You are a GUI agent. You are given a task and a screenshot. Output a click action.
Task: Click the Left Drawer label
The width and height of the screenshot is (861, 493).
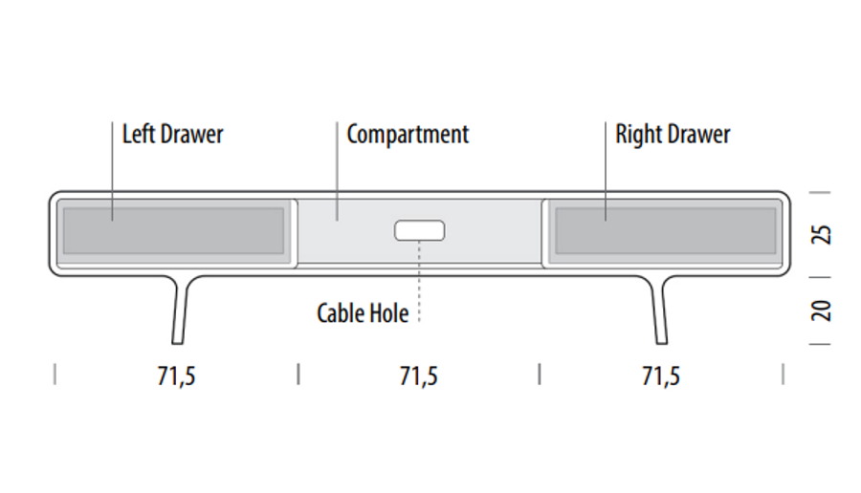point(172,135)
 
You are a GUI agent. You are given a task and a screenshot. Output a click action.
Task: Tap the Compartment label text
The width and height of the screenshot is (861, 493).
point(408,135)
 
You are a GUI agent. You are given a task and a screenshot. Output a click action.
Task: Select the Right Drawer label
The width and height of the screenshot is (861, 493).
point(673,135)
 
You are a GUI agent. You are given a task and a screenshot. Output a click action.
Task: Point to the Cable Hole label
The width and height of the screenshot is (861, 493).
point(363,313)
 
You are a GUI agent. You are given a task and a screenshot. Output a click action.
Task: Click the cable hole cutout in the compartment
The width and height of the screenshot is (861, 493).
point(420,230)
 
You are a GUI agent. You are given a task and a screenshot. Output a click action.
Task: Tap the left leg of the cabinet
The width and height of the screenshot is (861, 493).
point(180,310)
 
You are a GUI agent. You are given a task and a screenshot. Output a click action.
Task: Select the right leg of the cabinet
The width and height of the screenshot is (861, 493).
point(660,310)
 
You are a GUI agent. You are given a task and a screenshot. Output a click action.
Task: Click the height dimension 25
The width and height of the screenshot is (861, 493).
point(822,235)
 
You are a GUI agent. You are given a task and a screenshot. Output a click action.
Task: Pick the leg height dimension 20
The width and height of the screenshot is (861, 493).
point(822,311)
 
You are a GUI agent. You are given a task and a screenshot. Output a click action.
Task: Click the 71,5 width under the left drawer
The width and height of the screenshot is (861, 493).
point(176,376)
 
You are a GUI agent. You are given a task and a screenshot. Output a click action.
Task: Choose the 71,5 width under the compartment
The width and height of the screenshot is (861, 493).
point(418,376)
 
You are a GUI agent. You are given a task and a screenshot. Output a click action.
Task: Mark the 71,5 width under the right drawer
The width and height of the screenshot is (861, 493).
point(661,376)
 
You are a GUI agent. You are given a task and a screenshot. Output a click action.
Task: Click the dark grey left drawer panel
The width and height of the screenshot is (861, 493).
point(173,230)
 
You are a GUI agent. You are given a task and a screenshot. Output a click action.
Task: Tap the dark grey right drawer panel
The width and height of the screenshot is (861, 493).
point(666,230)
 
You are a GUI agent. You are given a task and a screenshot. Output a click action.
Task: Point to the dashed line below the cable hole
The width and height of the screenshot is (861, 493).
point(419,281)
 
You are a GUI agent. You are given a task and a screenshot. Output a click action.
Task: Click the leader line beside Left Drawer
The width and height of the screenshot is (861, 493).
point(113,171)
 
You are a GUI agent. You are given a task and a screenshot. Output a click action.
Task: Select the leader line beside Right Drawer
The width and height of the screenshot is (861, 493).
point(606,171)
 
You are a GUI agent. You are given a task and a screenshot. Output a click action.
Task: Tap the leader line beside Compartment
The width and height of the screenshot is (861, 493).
point(337,171)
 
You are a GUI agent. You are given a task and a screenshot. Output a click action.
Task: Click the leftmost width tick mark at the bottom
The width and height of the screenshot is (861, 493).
point(55,374)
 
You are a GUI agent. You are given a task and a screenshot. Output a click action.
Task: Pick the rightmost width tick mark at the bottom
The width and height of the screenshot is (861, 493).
point(783,374)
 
